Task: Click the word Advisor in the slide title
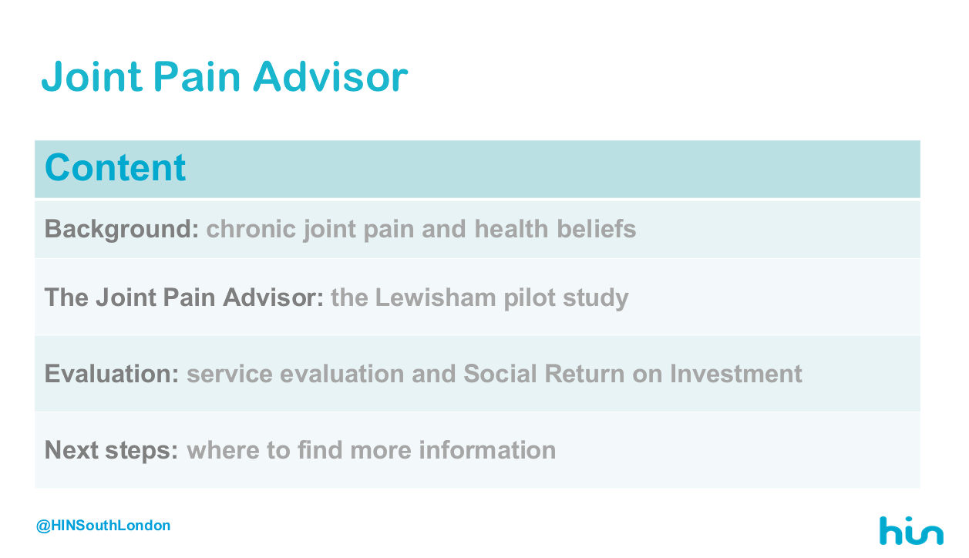tap(331, 77)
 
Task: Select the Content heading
tap(115, 167)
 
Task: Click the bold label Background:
tap(122, 229)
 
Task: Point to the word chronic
tap(251, 228)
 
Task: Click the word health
tap(511, 228)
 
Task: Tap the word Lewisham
tap(436, 297)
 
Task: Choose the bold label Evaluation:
tap(112, 374)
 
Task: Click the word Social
tap(500, 374)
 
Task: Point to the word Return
tap(584, 374)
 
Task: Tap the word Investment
tap(736, 374)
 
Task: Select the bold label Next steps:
tap(111, 450)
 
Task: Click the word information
tap(487, 450)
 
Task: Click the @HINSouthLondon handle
tap(103, 526)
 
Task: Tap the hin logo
tap(911, 531)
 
